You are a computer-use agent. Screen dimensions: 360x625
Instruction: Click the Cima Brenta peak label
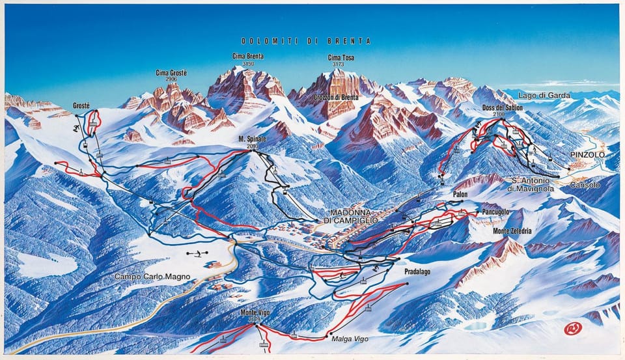point(247,57)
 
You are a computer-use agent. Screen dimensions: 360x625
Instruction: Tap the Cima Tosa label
point(341,58)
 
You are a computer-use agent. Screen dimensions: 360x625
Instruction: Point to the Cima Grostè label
point(171,73)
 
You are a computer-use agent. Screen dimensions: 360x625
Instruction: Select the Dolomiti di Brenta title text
point(305,41)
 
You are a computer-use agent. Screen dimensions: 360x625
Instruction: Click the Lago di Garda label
point(544,96)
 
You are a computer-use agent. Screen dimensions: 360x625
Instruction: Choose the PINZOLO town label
point(587,154)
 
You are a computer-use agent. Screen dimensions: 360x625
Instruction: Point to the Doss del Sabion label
point(499,107)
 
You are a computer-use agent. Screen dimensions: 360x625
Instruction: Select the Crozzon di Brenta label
point(336,98)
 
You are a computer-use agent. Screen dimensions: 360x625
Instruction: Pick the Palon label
point(460,194)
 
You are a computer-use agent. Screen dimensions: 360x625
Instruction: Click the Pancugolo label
point(495,212)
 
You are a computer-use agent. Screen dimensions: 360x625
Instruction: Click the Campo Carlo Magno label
point(152,277)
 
